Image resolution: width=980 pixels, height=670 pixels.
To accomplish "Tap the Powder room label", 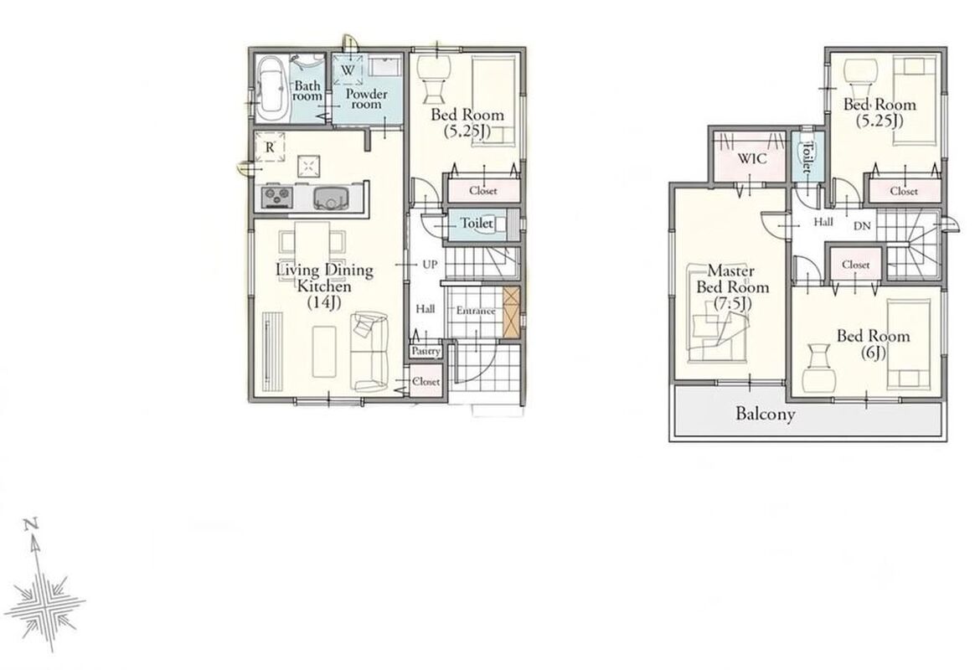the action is (x=366, y=100).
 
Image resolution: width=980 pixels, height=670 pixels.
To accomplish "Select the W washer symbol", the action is (x=348, y=70).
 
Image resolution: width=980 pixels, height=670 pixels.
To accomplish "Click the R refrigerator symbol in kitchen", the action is (x=270, y=147).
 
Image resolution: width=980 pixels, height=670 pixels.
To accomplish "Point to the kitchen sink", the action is (x=329, y=198).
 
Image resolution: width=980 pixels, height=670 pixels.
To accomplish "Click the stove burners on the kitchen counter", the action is (x=276, y=198).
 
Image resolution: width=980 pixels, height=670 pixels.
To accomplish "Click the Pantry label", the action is (x=426, y=351).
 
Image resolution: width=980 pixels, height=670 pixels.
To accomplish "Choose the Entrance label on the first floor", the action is (x=476, y=311).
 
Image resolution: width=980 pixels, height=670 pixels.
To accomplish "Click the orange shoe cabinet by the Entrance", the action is (x=511, y=312).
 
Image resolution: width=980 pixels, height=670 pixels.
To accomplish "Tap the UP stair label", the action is (x=430, y=265).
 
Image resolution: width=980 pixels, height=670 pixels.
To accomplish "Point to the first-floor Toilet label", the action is (x=477, y=223).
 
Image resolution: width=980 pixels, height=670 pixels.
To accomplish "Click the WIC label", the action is (x=752, y=159).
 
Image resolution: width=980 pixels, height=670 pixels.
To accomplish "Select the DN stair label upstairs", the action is (x=862, y=226).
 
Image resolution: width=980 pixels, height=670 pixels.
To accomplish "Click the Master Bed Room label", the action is (x=732, y=287).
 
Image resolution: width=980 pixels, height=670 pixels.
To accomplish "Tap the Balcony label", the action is (x=766, y=414).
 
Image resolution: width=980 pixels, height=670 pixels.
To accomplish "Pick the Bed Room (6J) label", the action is (x=873, y=344).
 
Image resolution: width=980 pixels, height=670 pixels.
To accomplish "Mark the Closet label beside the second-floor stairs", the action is (x=856, y=265).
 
